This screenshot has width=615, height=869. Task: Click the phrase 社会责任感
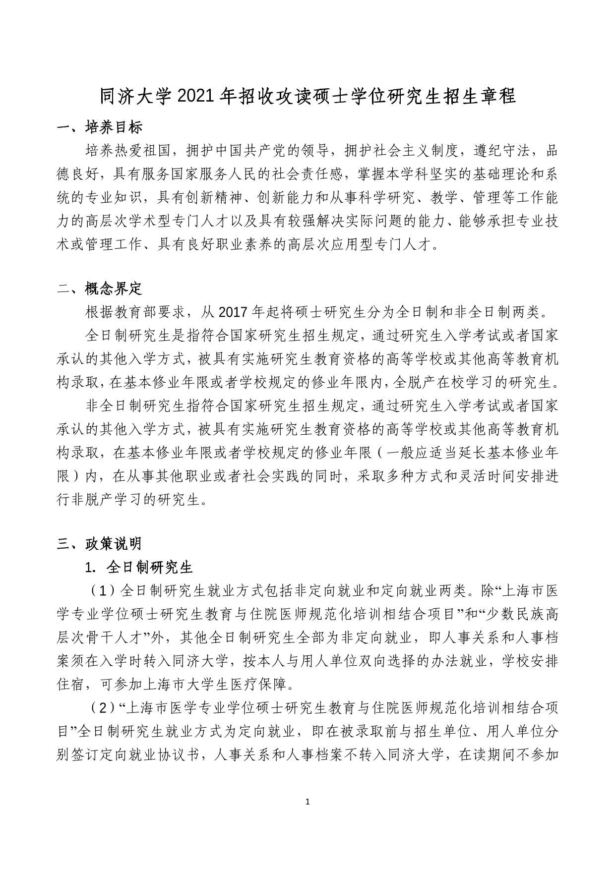[x=307, y=174]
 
